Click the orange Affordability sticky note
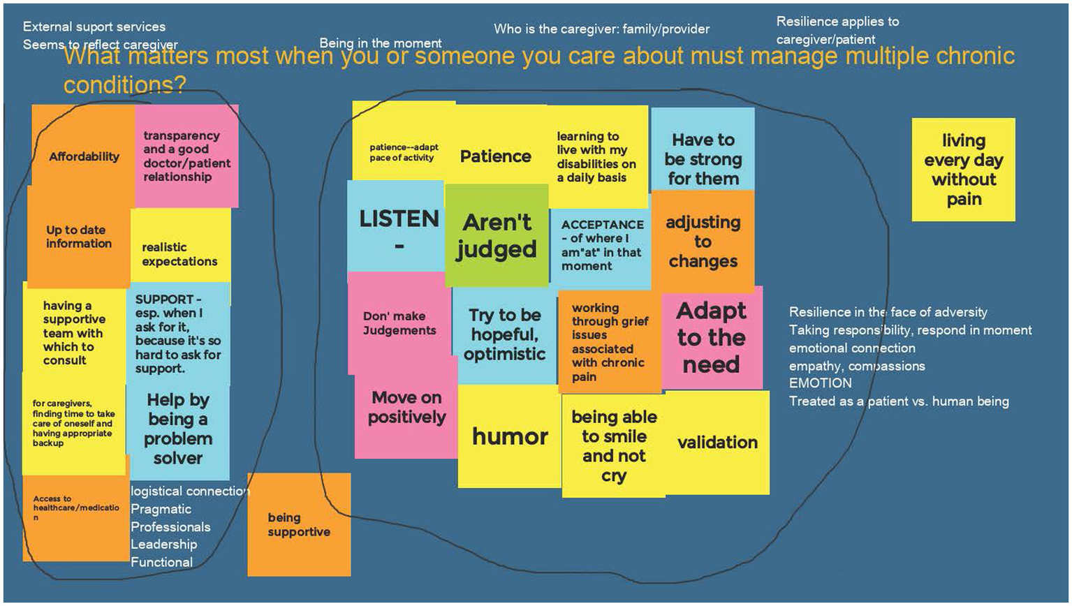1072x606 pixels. [83, 156]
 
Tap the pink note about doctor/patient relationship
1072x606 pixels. [186, 156]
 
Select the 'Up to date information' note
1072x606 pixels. [78, 237]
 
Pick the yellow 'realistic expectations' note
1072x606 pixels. [179, 253]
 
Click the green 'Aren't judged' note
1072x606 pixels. [497, 235]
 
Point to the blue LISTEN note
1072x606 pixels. [398, 227]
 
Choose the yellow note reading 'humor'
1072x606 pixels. [510, 437]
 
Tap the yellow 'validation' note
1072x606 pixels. [717, 442]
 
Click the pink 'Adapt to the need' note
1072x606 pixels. [711, 337]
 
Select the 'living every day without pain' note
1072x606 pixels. [963, 170]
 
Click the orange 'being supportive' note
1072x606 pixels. [299, 524]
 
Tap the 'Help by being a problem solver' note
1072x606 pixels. [178, 429]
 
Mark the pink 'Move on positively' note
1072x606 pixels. [406, 407]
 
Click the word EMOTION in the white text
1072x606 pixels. [820, 383]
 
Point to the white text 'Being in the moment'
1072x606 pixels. [381, 43]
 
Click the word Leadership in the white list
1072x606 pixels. [163, 544]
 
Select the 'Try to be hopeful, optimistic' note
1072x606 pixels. [504, 334]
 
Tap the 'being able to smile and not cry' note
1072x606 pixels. [614, 446]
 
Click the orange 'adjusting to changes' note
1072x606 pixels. [703, 242]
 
